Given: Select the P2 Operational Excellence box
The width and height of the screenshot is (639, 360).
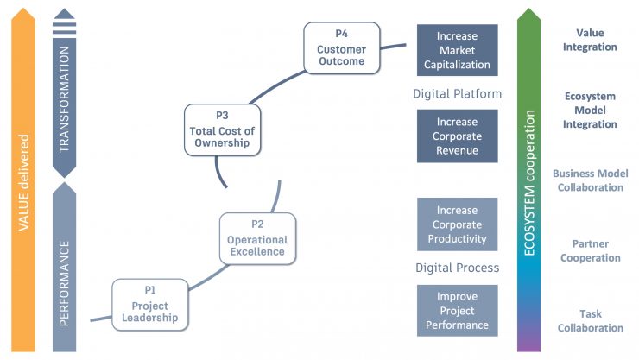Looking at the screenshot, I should [257, 238].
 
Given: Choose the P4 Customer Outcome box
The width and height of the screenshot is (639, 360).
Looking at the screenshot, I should [340, 48].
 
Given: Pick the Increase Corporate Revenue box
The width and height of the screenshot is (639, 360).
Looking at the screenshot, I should [457, 136].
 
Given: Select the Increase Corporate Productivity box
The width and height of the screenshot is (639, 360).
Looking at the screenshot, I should [457, 224].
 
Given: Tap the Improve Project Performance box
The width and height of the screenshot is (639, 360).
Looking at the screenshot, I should [457, 311].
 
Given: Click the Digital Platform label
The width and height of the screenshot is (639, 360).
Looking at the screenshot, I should [457, 93].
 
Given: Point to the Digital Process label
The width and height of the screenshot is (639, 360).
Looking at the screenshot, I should [457, 268].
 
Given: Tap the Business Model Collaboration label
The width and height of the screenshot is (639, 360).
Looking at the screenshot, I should [591, 180].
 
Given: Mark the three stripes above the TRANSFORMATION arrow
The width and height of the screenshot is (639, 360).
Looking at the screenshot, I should [64, 27].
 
